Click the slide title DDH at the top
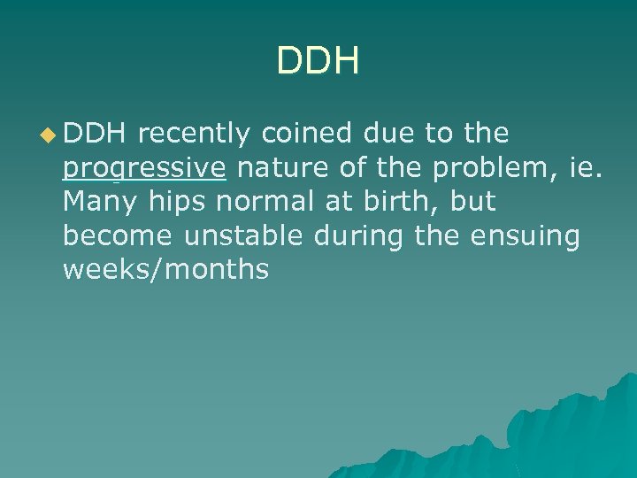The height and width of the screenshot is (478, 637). click(318, 62)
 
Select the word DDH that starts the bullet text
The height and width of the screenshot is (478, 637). click(96, 134)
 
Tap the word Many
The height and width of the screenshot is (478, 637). click(102, 202)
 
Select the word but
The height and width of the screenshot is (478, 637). click(473, 201)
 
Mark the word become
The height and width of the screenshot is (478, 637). click(118, 235)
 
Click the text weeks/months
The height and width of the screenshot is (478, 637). click(165, 269)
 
